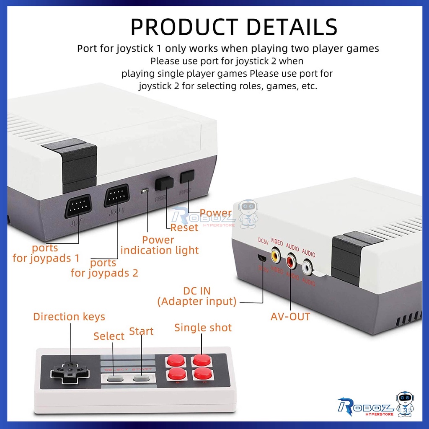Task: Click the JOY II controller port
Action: (116, 195)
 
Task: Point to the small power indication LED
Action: (144, 191)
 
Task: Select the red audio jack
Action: (292, 262)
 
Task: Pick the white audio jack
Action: (308, 266)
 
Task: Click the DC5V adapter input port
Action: (261, 257)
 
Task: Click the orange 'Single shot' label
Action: (203, 328)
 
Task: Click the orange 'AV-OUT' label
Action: (290, 316)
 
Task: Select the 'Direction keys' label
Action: (69, 317)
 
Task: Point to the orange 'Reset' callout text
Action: (184, 228)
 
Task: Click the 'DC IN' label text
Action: (197, 291)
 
